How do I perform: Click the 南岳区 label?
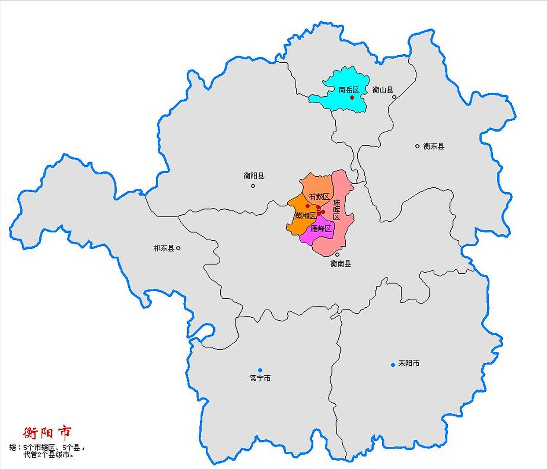point(349,90)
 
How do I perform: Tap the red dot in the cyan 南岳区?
point(352,97)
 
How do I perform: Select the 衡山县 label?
point(383,90)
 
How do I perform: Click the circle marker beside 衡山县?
point(394,97)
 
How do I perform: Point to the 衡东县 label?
point(434,146)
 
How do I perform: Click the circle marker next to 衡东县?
point(417,146)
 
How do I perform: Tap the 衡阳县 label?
point(254,176)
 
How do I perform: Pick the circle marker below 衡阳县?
point(253,186)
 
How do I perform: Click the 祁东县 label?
point(164,248)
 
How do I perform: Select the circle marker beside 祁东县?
point(178,248)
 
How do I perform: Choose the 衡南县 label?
point(341,263)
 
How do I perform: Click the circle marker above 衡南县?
point(337,254)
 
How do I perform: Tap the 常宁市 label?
point(260,378)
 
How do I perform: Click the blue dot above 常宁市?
point(260,370)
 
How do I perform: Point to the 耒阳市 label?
point(409,363)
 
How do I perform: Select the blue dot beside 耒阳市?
point(393,365)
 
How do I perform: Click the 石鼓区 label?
point(319,197)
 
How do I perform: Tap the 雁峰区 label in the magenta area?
point(321,229)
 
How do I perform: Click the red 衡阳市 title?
point(47,433)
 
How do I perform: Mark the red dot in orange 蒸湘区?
point(308,206)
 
